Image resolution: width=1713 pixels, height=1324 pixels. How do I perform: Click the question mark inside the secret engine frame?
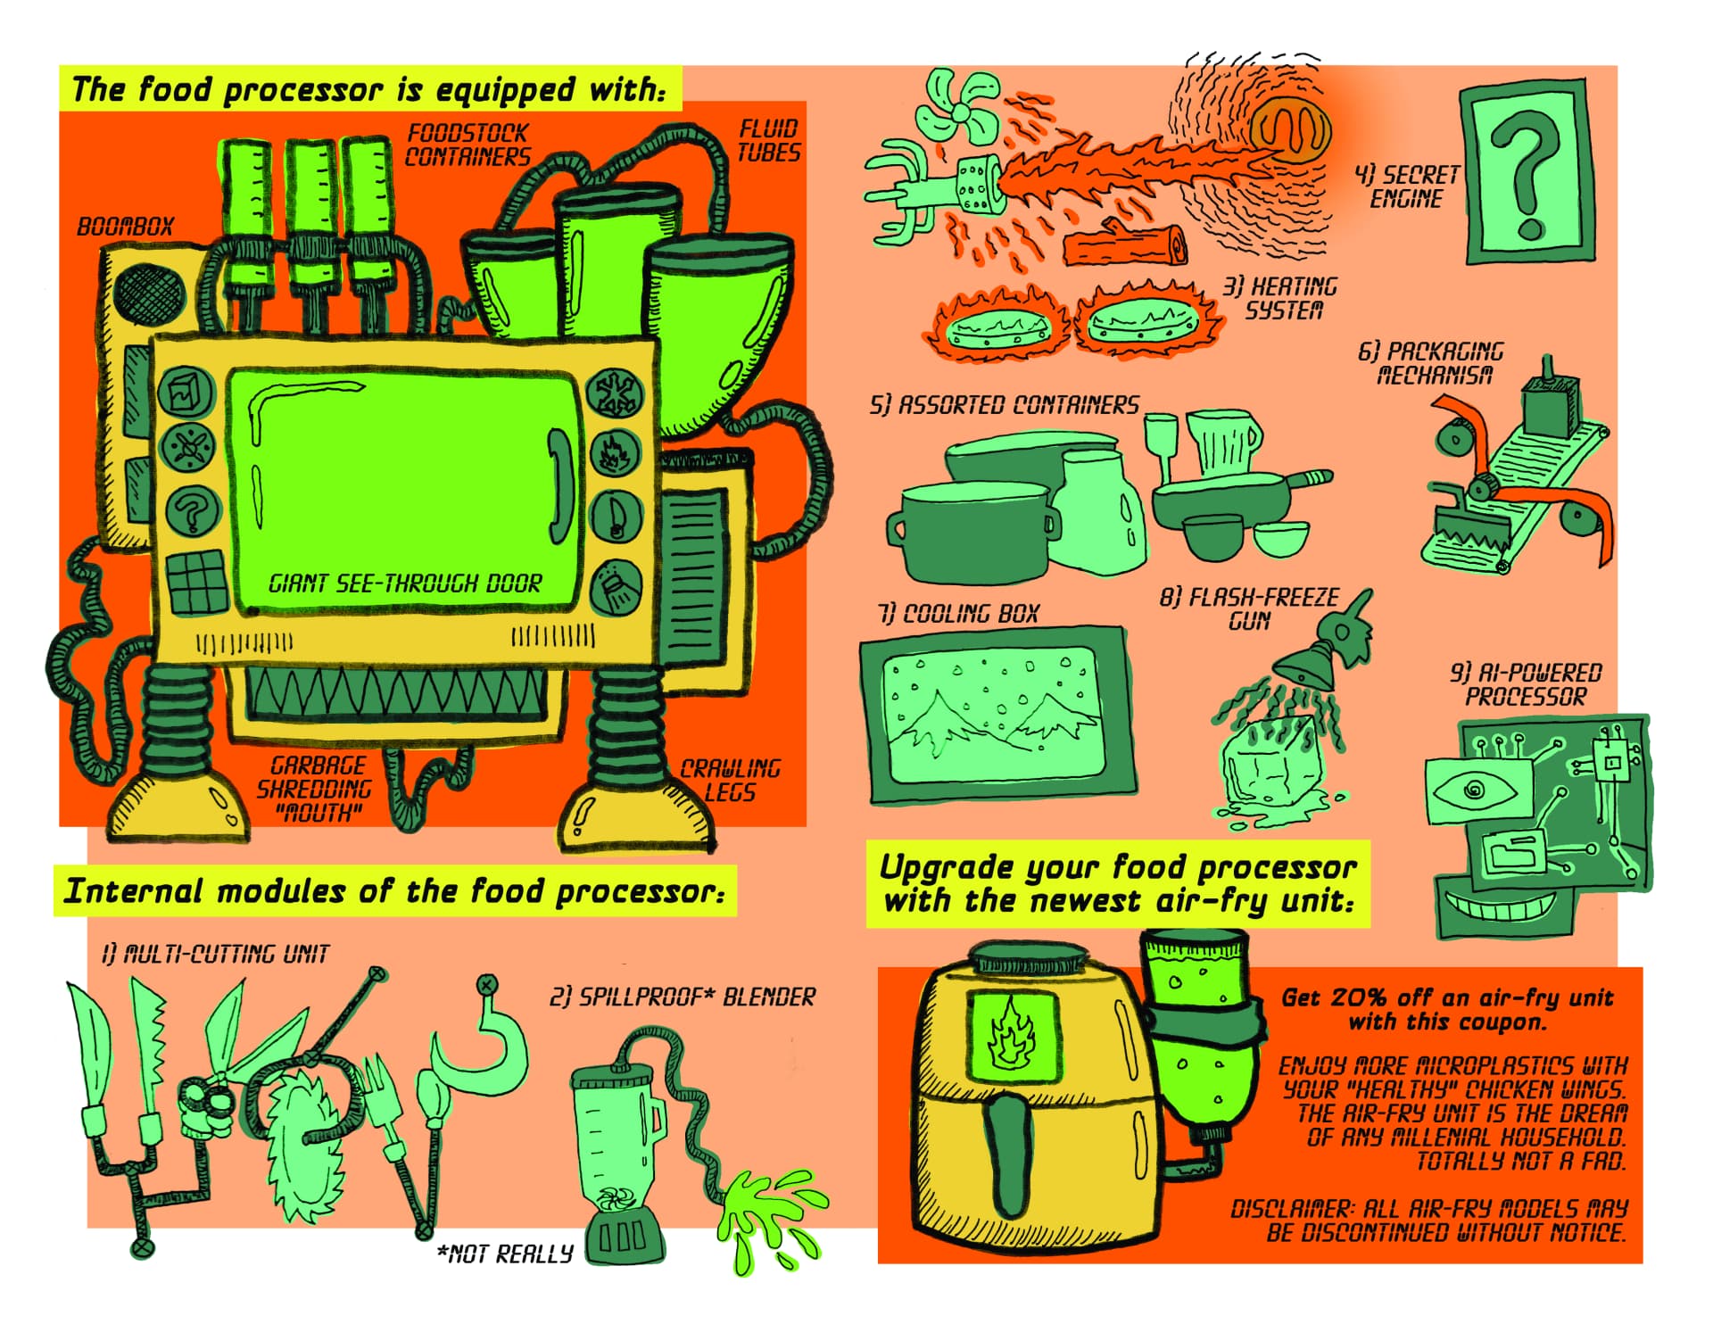click(1527, 174)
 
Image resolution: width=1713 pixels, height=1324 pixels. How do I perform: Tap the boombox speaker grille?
click(149, 294)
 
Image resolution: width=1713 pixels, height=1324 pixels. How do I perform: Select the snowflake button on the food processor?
click(614, 393)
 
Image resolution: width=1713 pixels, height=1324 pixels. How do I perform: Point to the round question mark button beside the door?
click(188, 511)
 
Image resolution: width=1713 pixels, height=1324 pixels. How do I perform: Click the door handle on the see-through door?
click(560, 486)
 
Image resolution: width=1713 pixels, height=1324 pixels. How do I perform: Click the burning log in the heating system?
click(1126, 245)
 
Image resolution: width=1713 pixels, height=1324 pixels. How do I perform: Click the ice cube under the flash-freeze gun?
click(1267, 767)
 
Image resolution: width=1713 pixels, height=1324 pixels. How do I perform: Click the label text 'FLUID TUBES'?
click(768, 141)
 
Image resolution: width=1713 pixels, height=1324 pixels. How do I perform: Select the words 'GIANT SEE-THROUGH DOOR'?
click(405, 583)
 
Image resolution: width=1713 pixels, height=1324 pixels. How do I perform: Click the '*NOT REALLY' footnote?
click(505, 1254)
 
